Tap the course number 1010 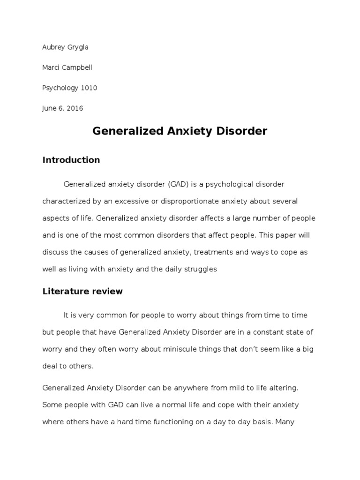[89, 88]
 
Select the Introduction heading [71, 160]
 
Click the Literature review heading [82, 291]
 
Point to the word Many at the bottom [285, 422]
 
